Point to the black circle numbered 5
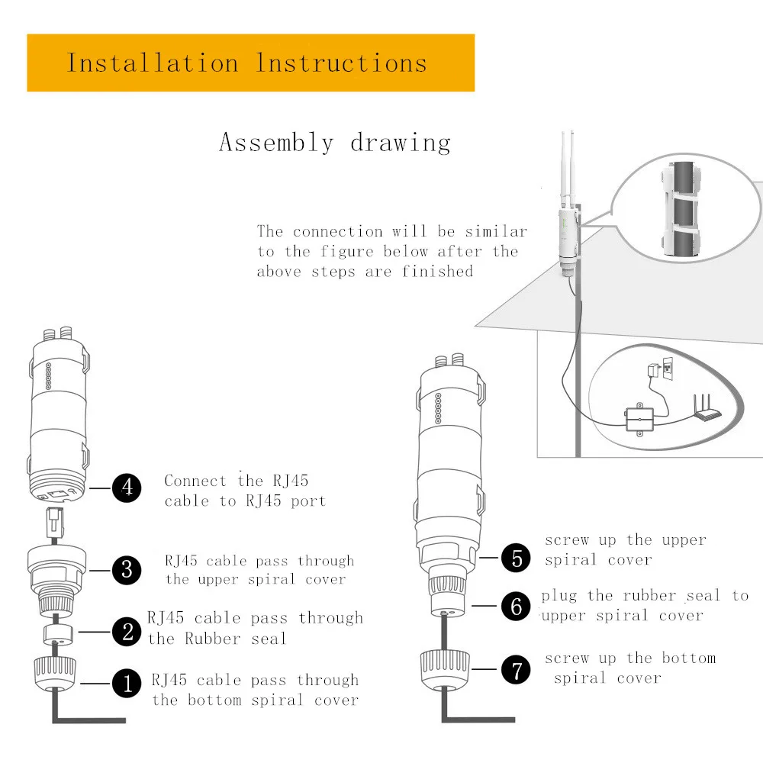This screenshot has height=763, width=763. coord(516,558)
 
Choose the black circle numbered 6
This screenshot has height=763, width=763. coord(516,607)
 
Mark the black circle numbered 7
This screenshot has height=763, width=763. coord(516,671)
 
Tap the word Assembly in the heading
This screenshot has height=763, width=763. coord(276,143)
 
